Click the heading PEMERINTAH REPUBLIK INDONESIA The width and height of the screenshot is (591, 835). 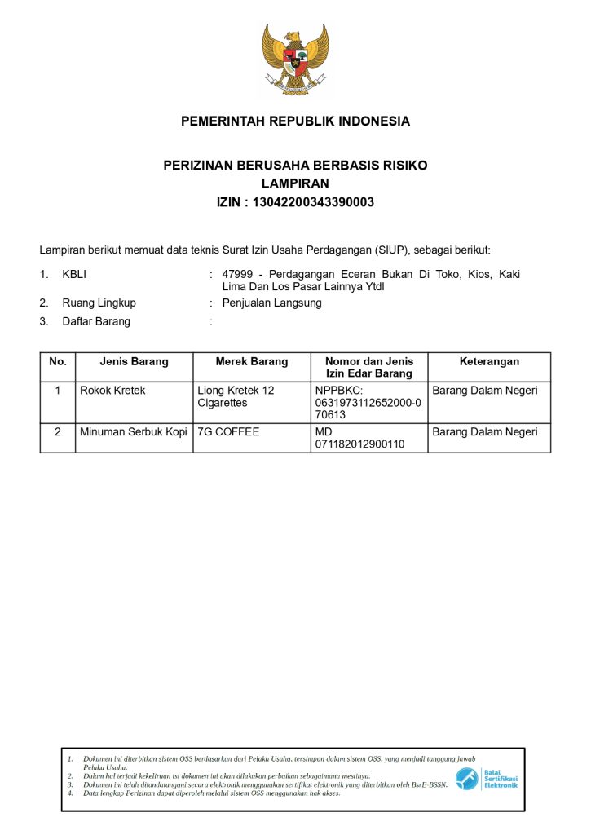[x=295, y=121]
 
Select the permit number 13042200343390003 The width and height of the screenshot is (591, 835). [x=314, y=202]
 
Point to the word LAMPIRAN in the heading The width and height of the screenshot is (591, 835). [x=295, y=183]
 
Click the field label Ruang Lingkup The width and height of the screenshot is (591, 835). [x=99, y=303]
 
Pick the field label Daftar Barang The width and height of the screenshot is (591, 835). [x=96, y=321]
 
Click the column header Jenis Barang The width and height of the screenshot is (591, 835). [x=134, y=361]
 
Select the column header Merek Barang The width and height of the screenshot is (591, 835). [x=252, y=361]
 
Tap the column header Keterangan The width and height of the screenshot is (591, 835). [x=489, y=361]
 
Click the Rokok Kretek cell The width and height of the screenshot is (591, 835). [x=112, y=391]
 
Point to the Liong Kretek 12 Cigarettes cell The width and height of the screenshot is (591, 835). [x=236, y=397]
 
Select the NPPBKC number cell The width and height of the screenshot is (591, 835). [x=368, y=403]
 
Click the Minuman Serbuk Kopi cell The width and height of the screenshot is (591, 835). [x=133, y=431]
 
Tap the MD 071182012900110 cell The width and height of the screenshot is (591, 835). [x=359, y=438]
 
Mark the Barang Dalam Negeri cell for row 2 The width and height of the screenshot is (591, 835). [x=485, y=431]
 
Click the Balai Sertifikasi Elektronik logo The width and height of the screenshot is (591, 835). [x=486, y=779]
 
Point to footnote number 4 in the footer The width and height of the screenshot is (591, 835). [x=71, y=793]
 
